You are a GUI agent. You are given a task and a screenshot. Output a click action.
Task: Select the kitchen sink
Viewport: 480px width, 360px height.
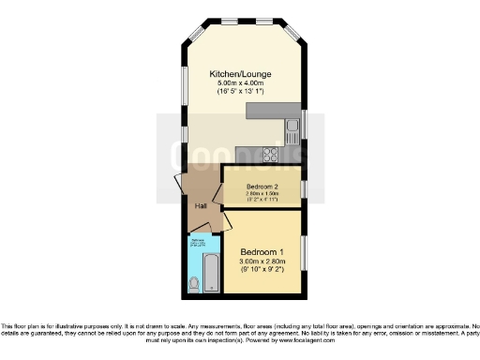[x=288, y=125]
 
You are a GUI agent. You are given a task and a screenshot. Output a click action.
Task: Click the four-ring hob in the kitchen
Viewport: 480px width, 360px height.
[x=271, y=155]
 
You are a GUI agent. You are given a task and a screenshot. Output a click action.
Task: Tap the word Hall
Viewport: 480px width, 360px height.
[x=201, y=206]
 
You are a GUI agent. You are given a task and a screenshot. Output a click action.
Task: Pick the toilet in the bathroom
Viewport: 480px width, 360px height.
[x=194, y=282]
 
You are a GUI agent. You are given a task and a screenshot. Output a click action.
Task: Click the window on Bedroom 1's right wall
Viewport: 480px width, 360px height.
[x=303, y=250]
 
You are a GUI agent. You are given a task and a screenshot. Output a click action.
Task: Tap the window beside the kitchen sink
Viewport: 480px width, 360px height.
[x=303, y=125]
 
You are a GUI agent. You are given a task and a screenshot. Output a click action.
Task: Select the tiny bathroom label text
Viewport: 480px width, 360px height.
[x=199, y=243]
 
